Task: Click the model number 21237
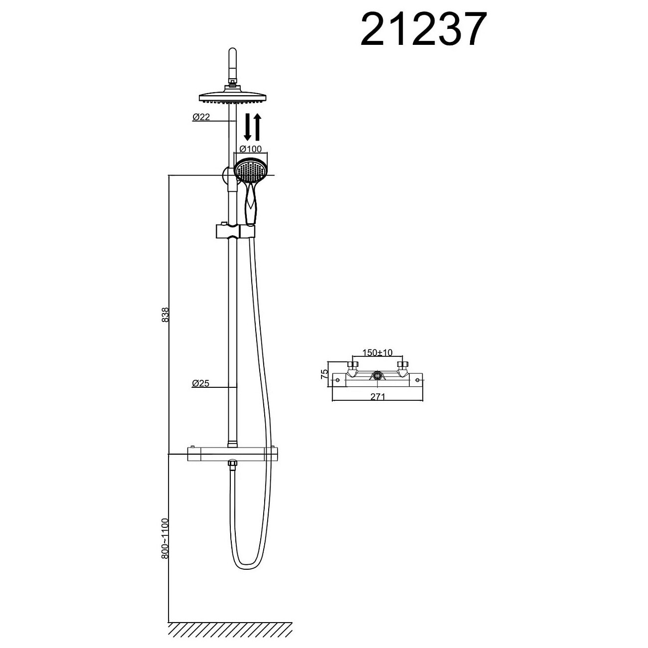coord(423,29)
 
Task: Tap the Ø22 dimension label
coord(201,117)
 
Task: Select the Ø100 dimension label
coord(251,149)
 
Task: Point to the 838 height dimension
coord(165,315)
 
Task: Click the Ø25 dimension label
coord(201,383)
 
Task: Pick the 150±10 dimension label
coord(377,352)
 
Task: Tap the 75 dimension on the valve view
coord(324,374)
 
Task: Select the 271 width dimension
coord(378,397)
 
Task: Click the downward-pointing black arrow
coord(248,127)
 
